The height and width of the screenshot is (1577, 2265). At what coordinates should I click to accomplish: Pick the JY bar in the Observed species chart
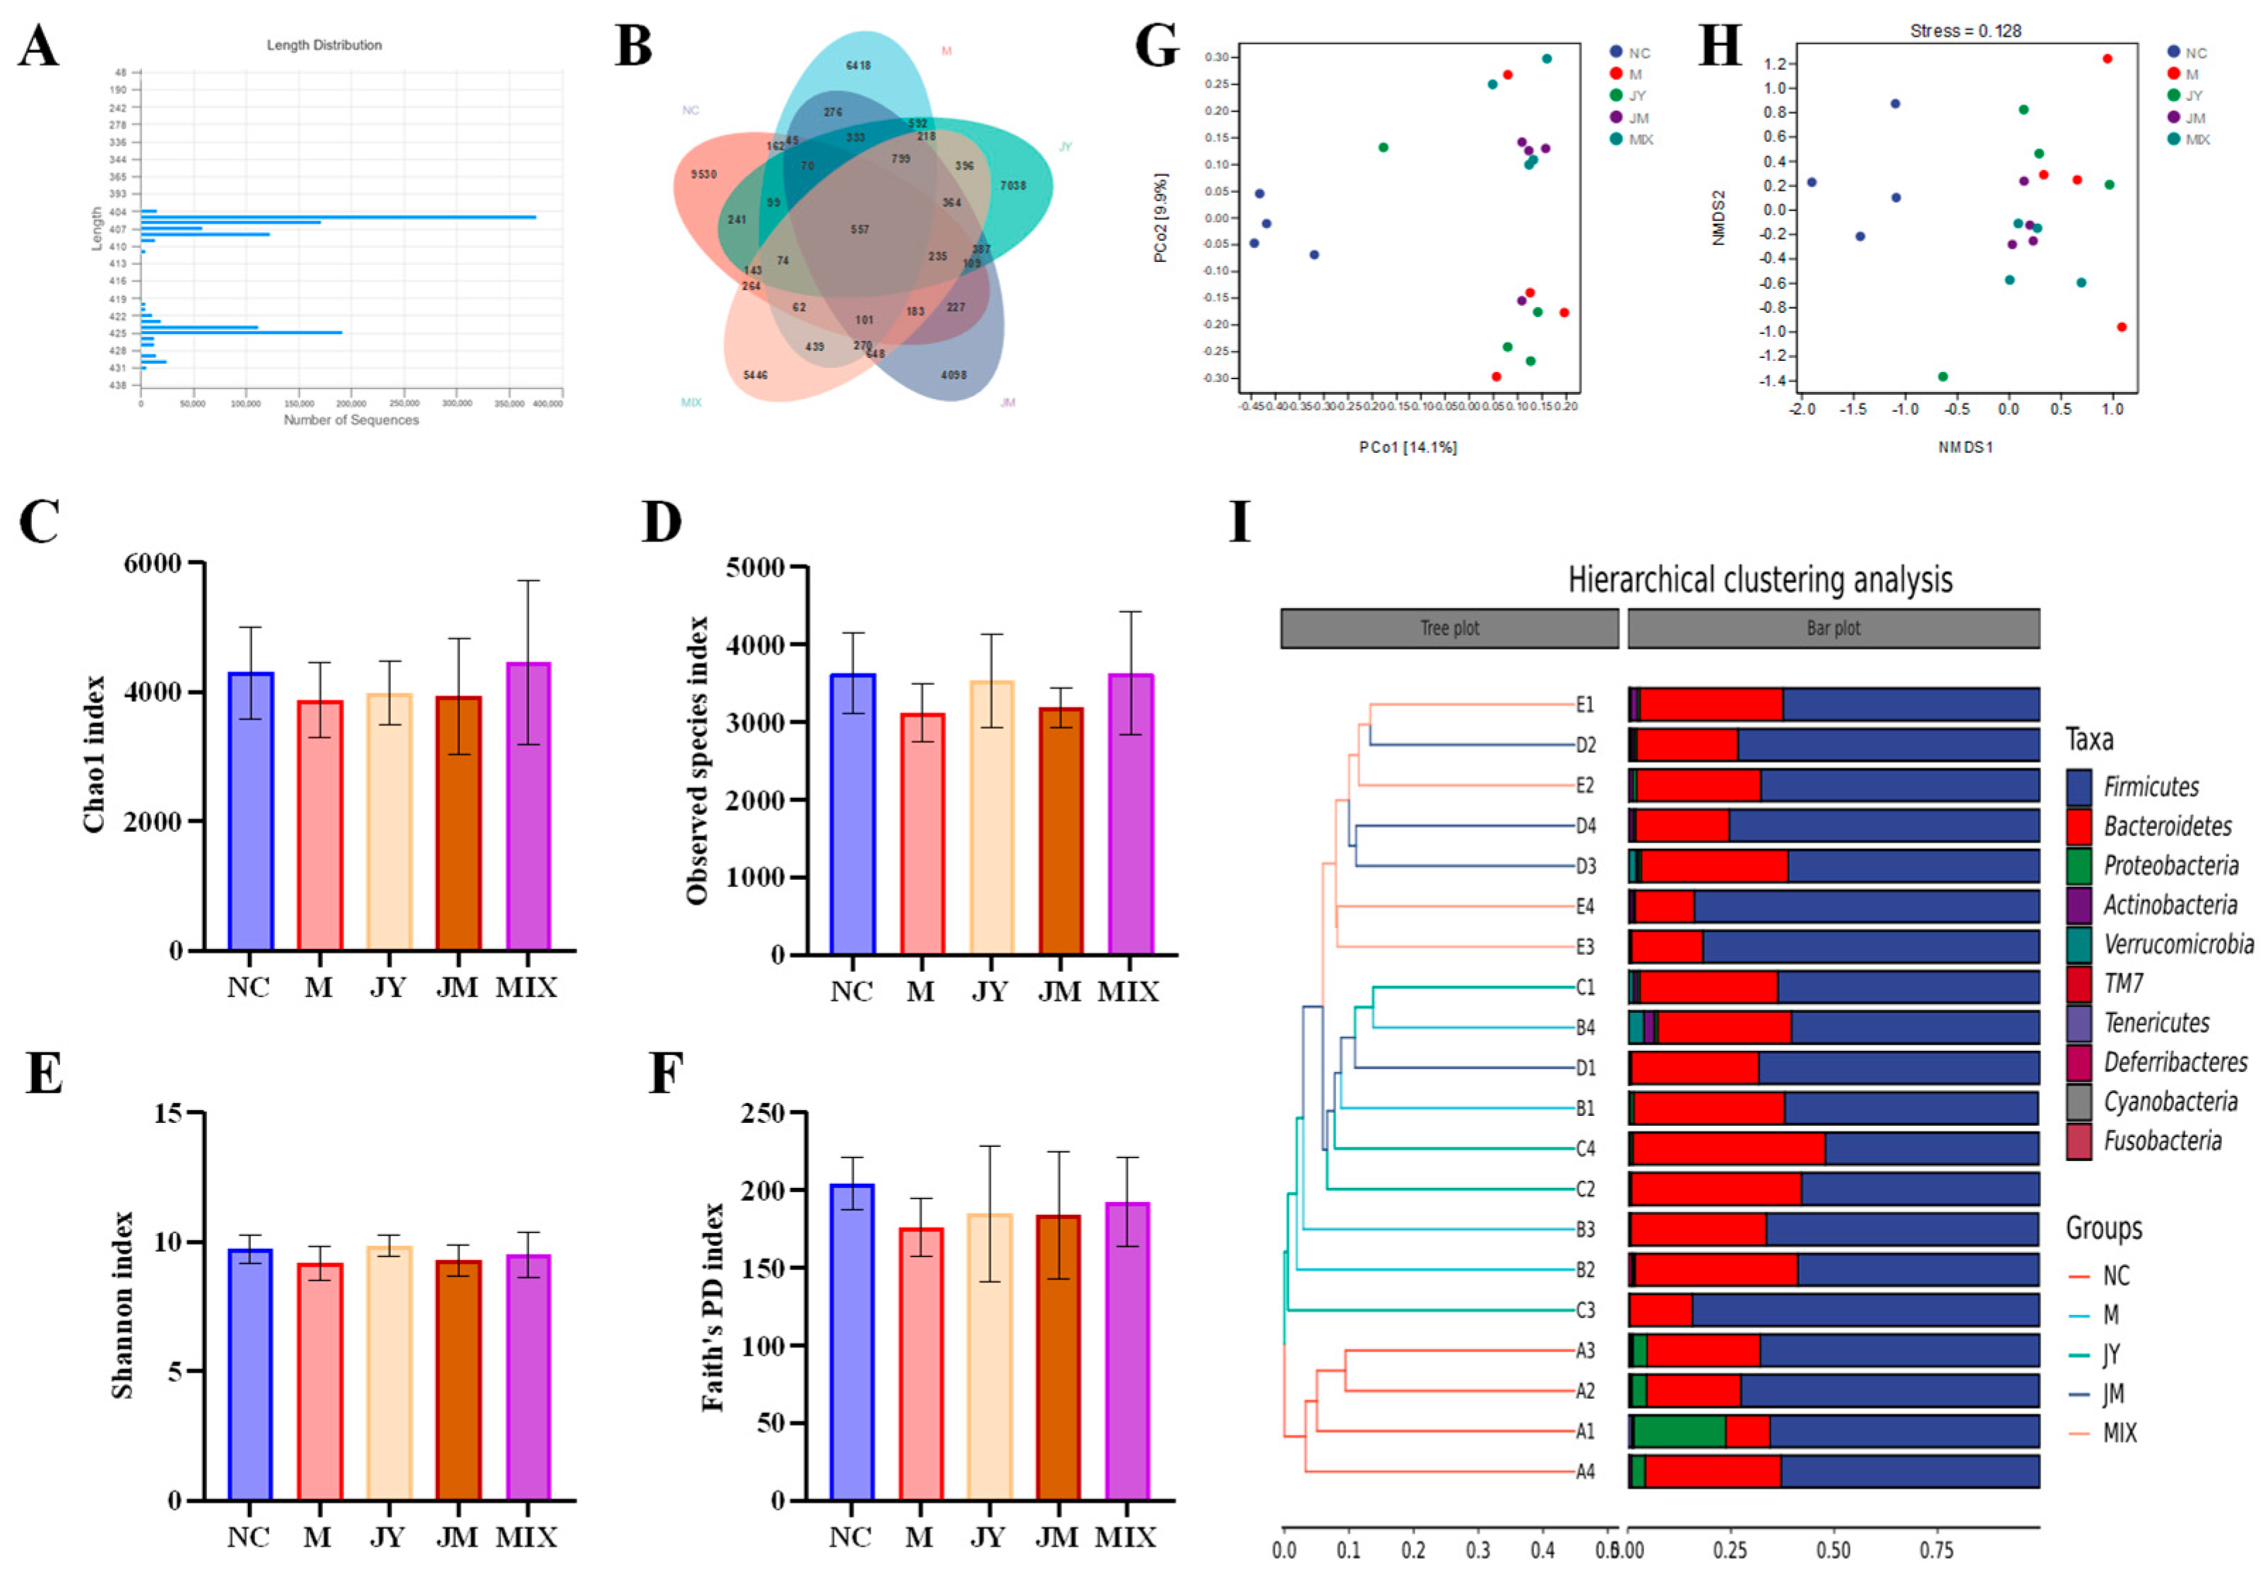coord(990,818)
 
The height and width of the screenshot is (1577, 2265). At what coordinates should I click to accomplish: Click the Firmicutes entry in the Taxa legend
coord(2151,787)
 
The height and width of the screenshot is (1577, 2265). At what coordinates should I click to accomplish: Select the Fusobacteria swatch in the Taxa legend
coord(2079,1142)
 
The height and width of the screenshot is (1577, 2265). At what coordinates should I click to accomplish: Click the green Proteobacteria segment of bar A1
coord(1679,1431)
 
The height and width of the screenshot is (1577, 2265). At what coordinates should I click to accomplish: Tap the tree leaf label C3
coord(1584,1311)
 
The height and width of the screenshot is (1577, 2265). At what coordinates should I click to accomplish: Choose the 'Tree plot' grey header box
coord(1449,629)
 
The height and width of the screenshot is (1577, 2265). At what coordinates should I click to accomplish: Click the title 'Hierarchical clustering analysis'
coord(1760,580)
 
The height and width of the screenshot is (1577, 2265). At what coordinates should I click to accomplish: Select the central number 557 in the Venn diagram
coord(860,230)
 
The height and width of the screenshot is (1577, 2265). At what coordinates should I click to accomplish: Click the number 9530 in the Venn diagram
coord(703,174)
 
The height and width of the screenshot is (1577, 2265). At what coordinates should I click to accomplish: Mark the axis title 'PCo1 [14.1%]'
coord(1408,448)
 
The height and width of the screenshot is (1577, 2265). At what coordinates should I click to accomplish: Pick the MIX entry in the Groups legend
coord(2119,1433)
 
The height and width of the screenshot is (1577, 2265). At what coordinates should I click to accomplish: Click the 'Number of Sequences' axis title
coord(351,420)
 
